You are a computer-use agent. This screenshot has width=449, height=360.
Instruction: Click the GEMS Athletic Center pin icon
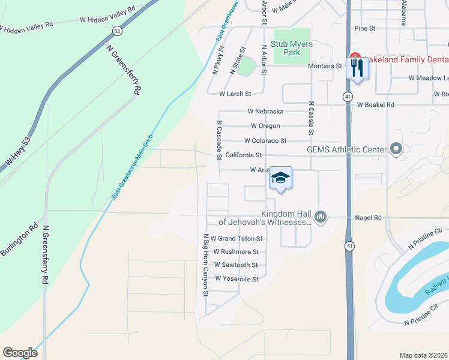point(396,149)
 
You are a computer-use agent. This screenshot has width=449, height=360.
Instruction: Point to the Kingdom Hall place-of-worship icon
point(320,217)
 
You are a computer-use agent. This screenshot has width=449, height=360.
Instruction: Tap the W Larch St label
point(235,94)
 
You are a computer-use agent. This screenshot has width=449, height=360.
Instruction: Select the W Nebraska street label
point(265,112)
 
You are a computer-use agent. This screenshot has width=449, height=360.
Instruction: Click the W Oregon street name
point(265,126)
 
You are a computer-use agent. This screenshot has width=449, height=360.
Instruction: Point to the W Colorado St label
point(265,141)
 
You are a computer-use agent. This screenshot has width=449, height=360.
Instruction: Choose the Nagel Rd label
point(369,218)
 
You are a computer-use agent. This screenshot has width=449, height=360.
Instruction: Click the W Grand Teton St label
point(237,239)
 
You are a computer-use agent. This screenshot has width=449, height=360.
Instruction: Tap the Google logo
point(20,353)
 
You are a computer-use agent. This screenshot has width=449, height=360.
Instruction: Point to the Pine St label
point(364,28)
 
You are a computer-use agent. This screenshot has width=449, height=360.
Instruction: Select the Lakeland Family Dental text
point(401,59)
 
